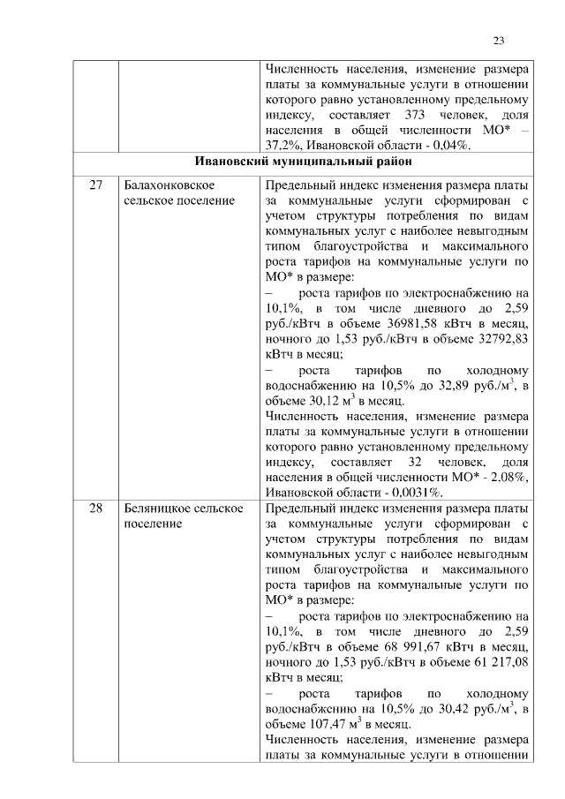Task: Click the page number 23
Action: pyautogui.click(x=498, y=41)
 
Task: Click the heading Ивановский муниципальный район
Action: pyautogui.click(x=300, y=162)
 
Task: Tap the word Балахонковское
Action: pyautogui.click(x=169, y=185)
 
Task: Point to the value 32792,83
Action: pyautogui.click(x=496, y=338)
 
